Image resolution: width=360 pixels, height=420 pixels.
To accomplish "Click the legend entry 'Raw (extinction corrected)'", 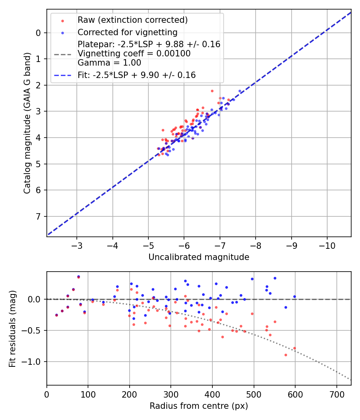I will point(132,20).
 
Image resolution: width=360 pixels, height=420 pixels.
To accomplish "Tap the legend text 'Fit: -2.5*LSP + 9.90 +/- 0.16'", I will point(136,75).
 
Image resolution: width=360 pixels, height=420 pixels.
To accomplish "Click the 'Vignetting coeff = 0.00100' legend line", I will point(134,54).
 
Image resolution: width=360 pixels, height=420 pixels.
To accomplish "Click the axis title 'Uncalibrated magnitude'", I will point(199,257).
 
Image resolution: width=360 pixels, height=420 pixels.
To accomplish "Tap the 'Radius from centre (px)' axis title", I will point(199,406).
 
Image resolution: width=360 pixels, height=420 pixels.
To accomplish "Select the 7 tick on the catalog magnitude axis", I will point(38,216).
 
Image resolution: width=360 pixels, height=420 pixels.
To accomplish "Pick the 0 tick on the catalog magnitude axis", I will point(38,33).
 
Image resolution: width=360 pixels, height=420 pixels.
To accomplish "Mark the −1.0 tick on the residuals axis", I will point(34,362).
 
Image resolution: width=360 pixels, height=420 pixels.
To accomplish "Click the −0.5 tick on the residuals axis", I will point(34,330).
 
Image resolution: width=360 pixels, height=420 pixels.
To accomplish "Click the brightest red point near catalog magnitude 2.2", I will point(212,91).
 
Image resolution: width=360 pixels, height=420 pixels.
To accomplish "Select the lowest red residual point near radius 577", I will point(286,355).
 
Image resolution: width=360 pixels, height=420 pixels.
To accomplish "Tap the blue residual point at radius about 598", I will point(294,296).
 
